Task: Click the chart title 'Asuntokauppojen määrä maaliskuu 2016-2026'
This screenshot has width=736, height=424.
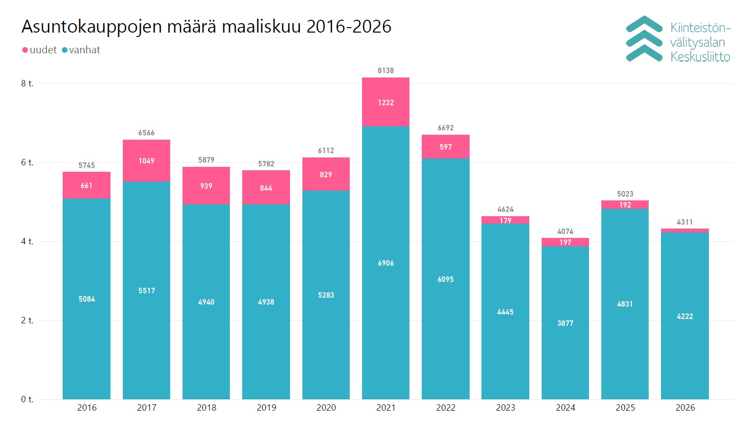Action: click(206, 27)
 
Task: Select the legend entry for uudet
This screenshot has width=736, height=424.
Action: click(39, 50)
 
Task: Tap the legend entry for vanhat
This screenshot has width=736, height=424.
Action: click(81, 50)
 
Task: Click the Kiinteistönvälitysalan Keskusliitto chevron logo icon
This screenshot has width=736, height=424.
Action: click(644, 39)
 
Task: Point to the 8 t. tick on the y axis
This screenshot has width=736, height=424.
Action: click(27, 83)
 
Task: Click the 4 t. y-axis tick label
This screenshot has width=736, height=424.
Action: click(27, 241)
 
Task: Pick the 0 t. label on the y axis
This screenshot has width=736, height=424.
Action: click(27, 399)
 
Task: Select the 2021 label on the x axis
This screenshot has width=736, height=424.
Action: click(386, 408)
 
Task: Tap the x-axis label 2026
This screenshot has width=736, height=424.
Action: click(685, 408)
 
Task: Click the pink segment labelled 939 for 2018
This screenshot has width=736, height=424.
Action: click(206, 186)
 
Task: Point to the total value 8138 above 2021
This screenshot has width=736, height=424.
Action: click(386, 71)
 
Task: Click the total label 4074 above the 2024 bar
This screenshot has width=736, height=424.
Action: click(565, 231)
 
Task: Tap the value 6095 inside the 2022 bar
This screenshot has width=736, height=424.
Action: click(445, 279)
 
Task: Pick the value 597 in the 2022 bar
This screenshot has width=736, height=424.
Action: click(445, 147)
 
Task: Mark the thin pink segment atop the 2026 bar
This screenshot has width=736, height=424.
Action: click(685, 231)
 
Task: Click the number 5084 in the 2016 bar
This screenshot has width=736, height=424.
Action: click(87, 299)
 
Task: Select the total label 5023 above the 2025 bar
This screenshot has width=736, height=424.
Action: click(625, 194)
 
